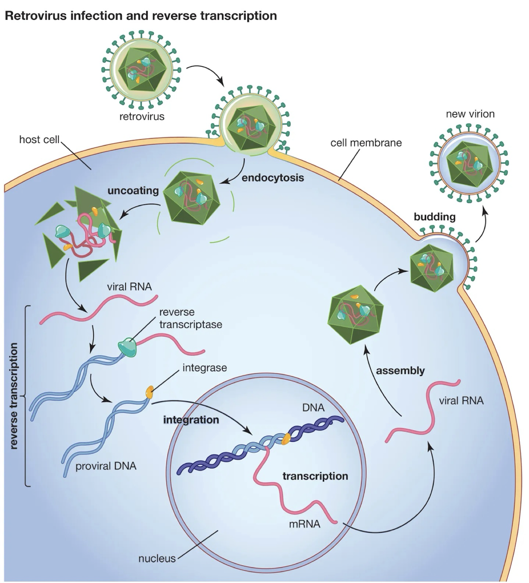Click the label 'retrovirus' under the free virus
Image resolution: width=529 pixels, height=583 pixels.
click(x=142, y=116)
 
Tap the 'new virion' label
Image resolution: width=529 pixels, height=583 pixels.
click(x=470, y=114)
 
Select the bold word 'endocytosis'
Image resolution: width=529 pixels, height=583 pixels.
click(x=272, y=178)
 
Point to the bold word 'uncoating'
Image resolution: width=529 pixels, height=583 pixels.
click(x=133, y=190)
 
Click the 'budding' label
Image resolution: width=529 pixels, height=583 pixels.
click(x=434, y=217)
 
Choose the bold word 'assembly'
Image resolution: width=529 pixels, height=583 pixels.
click(x=400, y=371)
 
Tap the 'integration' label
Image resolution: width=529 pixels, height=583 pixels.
click(x=191, y=420)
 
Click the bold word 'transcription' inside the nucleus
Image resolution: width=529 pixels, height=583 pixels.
click(x=315, y=476)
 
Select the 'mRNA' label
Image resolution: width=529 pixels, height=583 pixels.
click(x=304, y=523)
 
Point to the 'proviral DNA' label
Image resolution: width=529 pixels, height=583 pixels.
click(x=106, y=466)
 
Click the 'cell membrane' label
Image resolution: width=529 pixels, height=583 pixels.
click(x=366, y=143)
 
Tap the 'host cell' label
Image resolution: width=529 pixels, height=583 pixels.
click(x=39, y=140)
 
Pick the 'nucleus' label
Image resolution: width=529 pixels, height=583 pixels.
click(x=157, y=558)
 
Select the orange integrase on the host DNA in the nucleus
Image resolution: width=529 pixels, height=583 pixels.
click(x=286, y=438)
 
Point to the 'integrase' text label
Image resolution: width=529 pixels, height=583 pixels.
click(x=205, y=368)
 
